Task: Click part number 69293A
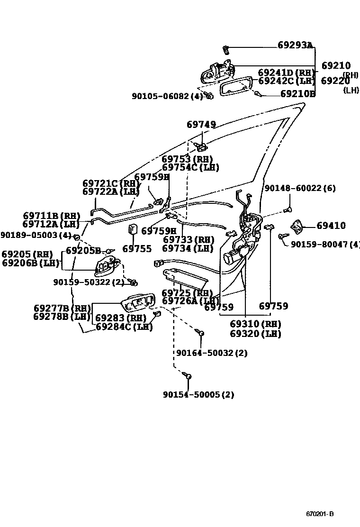pyautogui.click(x=295, y=45)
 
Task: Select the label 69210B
pyautogui.click(x=297, y=94)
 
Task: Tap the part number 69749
pyautogui.click(x=201, y=125)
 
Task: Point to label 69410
pyautogui.click(x=331, y=226)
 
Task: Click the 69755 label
pyautogui.click(x=137, y=249)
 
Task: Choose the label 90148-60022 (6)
pyautogui.click(x=299, y=188)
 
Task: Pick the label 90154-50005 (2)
pyautogui.click(x=198, y=394)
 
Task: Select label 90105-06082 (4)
pyautogui.click(x=167, y=96)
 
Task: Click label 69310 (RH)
pyautogui.click(x=255, y=325)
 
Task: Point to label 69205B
pyautogui.click(x=83, y=250)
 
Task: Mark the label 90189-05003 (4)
pyautogui.click(x=36, y=235)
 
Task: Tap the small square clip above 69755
pyautogui.click(x=133, y=230)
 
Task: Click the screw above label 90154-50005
pyautogui.click(x=188, y=376)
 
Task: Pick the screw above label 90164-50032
pyautogui.click(x=201, y=333)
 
